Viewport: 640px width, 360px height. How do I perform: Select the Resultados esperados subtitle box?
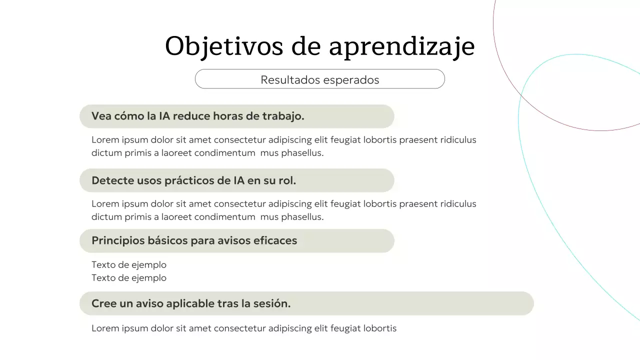(319, 79)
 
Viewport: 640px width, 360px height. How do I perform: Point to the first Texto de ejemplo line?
(129, 264)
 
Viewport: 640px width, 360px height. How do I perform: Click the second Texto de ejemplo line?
(129, 278)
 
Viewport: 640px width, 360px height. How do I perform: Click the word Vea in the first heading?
(101, 116)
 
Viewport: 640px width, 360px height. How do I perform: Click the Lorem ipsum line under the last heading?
(244, 328)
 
